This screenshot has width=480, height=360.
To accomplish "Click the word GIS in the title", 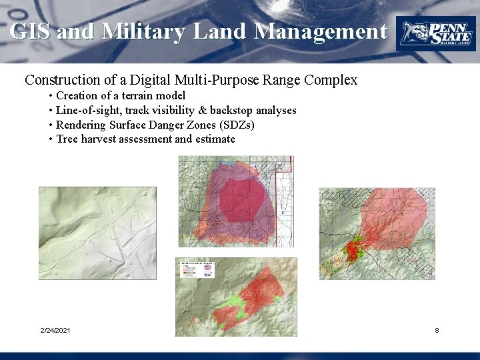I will click(31, 31).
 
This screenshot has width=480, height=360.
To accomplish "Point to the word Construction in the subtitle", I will click(61, 80).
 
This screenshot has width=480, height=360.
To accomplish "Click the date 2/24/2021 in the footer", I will click(56, 331).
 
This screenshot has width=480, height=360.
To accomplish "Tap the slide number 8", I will click(437, 331).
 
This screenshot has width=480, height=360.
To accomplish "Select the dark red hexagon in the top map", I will click(242, 199).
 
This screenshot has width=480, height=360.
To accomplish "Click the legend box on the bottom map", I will click(197, 269).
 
